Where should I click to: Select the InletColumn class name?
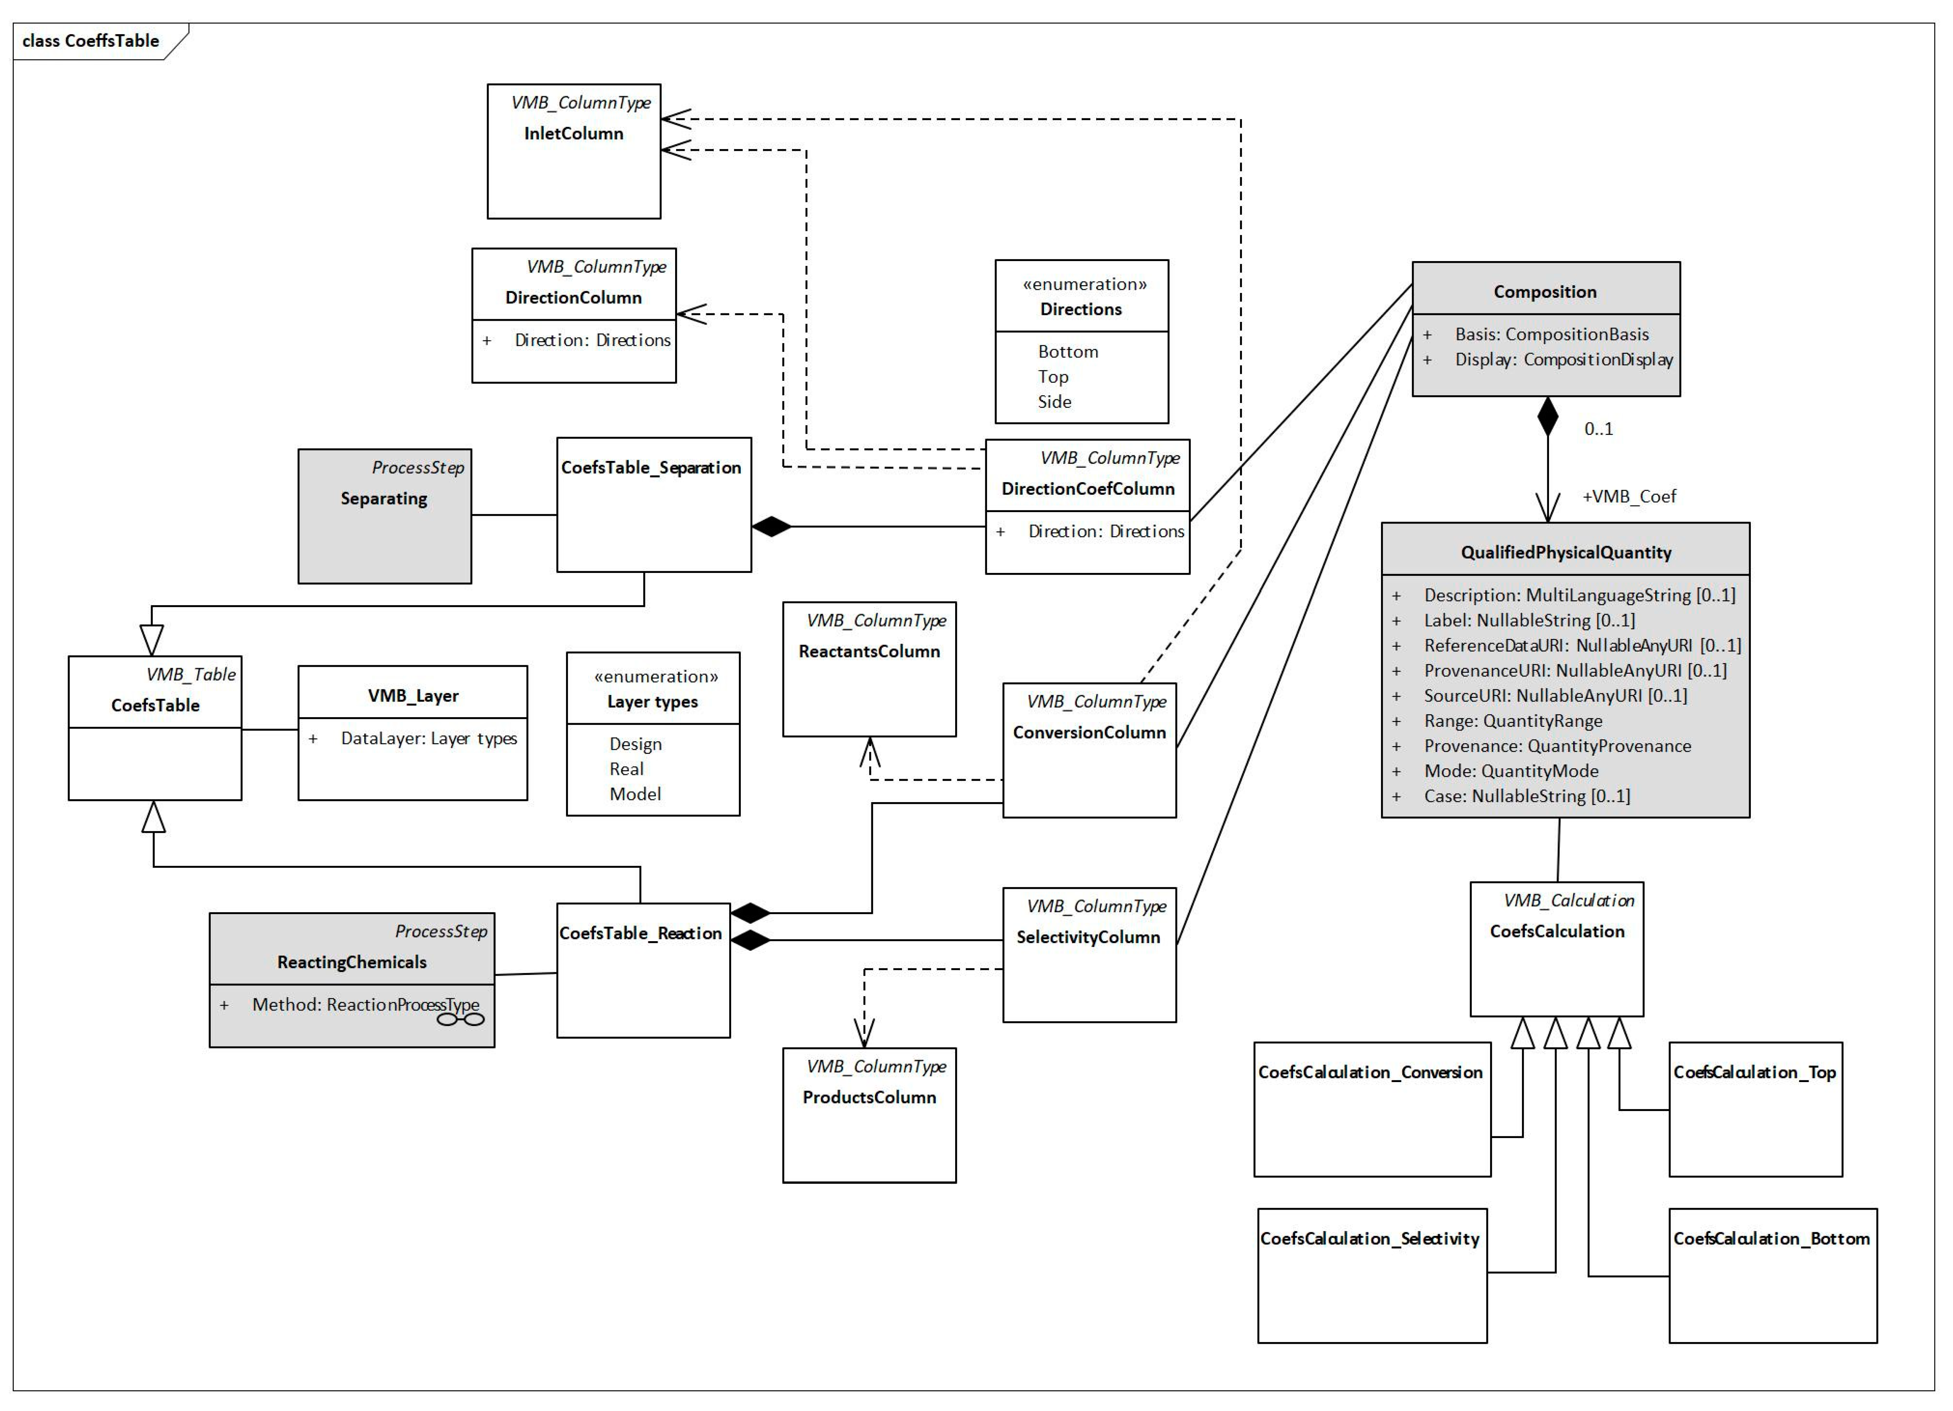coord(573,133)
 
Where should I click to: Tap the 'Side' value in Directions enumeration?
coord(1054,402)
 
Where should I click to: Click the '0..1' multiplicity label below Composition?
coord(1598,429)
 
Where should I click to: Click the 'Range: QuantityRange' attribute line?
coord(1513,721)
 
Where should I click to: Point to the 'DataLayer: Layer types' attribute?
coord(428,739)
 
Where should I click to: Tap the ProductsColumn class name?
coord(869,1098)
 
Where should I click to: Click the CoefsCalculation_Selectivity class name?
coord(1369,1239)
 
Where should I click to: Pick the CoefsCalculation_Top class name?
coord(1754,1073)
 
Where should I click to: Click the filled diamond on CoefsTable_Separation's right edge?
coord(771,527)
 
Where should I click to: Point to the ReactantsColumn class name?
coord(869,652)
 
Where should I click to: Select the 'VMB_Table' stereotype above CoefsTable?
coord(190,675)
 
